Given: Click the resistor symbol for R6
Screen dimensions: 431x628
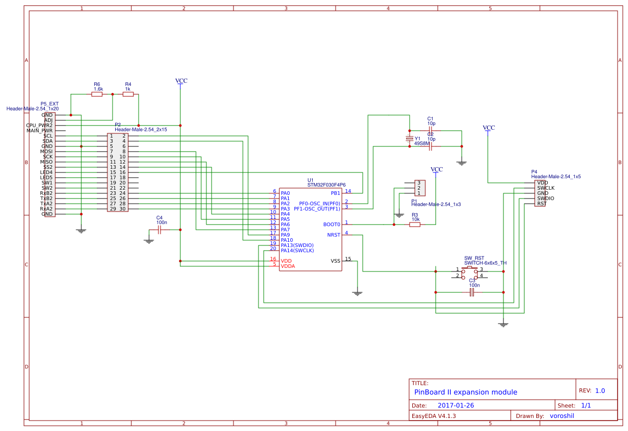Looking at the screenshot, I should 97,94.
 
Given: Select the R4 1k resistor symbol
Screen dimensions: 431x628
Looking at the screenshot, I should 128,94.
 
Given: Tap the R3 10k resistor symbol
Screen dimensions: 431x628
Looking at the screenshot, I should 415,225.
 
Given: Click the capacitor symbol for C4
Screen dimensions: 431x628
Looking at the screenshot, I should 159,230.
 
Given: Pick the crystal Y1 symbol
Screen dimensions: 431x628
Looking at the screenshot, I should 410,139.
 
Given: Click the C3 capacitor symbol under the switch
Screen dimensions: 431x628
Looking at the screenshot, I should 472,292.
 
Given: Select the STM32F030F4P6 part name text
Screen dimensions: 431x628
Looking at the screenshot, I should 326,185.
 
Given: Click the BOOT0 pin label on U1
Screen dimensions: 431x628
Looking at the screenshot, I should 331,225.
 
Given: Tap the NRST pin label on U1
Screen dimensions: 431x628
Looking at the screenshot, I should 334,235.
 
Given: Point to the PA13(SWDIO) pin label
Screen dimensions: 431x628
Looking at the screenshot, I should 297,245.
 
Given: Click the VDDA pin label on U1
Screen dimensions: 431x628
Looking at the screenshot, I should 288,266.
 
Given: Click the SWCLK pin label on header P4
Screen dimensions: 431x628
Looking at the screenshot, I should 546,188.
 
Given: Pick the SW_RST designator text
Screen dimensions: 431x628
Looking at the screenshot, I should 474,258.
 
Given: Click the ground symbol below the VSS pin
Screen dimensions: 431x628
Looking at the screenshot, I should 357,293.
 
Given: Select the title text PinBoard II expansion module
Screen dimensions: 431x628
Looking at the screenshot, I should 465,392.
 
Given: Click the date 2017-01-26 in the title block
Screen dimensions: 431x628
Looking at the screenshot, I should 455,405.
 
